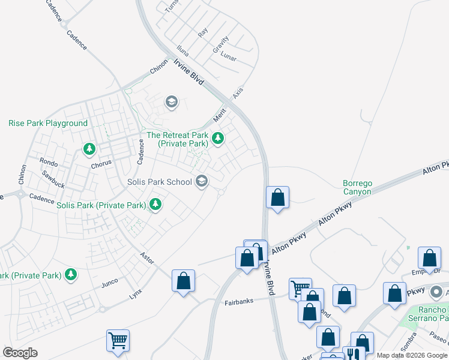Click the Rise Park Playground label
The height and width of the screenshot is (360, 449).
click(48, 123)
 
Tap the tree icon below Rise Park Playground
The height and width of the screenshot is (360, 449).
click(89, 148)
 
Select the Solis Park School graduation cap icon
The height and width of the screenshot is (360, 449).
click(202, 181)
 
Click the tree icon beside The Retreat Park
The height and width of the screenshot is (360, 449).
click(217, 139)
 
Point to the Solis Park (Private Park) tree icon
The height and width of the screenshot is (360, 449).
click(155, 205)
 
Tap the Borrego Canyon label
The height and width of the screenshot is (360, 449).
click(357, 187)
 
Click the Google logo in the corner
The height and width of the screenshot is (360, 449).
click(20, 352)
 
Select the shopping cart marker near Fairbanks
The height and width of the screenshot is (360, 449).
click(300, 287)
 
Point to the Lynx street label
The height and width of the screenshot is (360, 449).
click(136, 295)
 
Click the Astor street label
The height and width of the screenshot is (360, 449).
click(146, 258)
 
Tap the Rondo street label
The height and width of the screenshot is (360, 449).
click(49, 162)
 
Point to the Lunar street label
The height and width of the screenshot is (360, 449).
click(228, 58)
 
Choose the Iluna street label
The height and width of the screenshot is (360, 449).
click(182, 49)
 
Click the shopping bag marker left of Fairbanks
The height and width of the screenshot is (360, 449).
click(183, 281)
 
